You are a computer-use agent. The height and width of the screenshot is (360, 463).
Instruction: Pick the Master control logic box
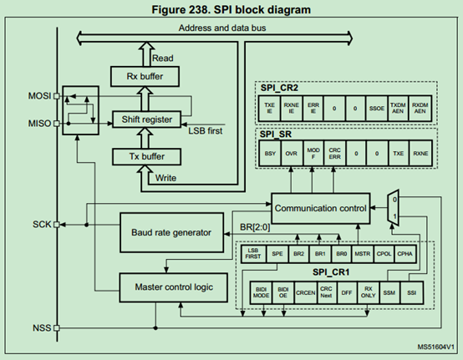click(x=171, y=286)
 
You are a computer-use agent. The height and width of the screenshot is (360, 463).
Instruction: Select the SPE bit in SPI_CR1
click(x=277, y=252)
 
